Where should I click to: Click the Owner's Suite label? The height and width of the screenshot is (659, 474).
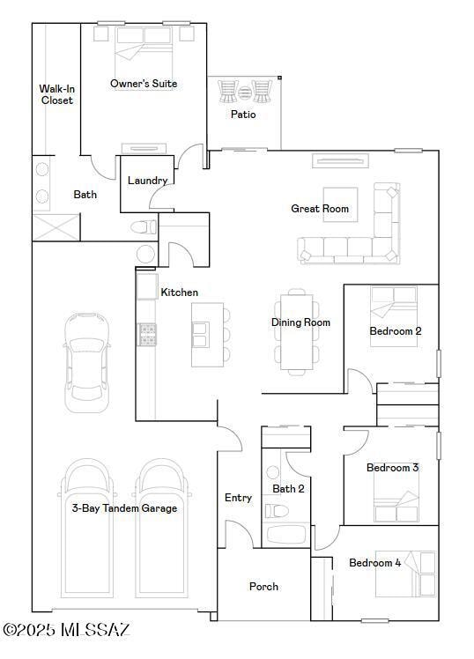coord(144,84)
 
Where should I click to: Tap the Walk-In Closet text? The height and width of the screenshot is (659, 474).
coord(56,94)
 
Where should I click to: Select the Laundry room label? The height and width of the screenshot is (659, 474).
coord(147,181)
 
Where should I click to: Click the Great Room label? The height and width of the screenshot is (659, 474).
coord(320,209)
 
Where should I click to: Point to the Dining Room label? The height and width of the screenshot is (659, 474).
coord(300,322)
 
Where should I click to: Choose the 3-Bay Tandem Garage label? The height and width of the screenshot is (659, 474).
coord(124,508)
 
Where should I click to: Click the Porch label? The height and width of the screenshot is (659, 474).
coord(263,587)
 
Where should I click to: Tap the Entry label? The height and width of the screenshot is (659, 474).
coord(238,498)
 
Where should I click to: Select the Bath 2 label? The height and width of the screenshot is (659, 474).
coord(288,489)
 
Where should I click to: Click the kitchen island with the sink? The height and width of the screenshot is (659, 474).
coord(207,334)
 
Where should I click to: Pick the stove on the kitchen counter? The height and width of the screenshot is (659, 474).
coord(147,334)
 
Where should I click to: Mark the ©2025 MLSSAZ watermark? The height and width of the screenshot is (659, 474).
coord(66,630)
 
